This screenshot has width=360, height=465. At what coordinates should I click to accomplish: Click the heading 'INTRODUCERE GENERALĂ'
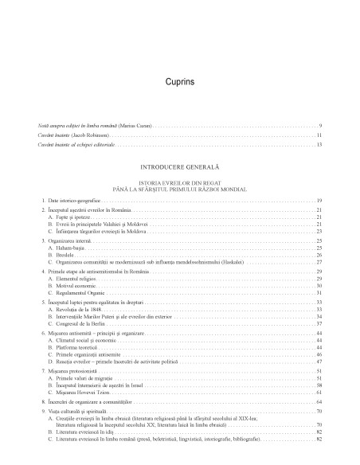point(180,170)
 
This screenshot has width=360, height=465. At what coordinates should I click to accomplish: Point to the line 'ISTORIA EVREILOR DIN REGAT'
point(180,182)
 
